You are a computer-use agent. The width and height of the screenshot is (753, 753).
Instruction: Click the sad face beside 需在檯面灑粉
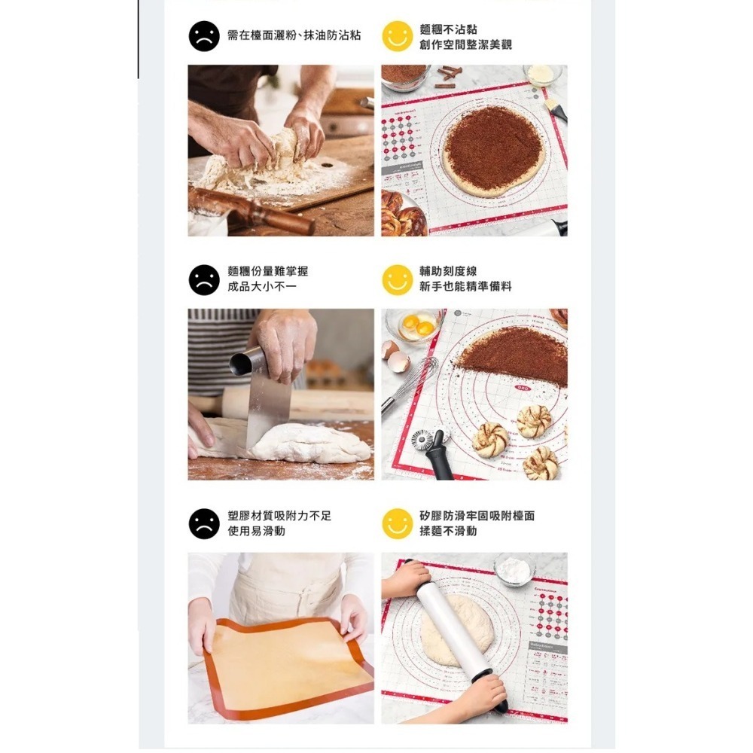point(204,36)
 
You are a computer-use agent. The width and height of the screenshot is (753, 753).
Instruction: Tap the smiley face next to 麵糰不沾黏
point(397,36)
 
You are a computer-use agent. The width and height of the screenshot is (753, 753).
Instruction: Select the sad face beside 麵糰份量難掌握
point(204,279)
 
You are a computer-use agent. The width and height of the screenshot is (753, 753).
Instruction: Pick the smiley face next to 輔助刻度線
point(397,279)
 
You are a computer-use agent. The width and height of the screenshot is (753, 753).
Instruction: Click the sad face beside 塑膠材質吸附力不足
point(204,523)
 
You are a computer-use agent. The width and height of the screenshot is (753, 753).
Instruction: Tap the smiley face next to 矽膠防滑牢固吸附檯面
point(397,523)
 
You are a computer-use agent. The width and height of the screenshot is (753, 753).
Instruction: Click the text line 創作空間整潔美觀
point(465,45)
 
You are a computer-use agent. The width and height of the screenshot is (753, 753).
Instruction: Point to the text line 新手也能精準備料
point(465,287)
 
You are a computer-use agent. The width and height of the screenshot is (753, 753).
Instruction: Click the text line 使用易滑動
point(256,532)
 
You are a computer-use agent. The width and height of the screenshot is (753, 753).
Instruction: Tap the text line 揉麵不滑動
point(448,532)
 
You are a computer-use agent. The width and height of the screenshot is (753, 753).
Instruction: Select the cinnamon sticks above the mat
point(449,76)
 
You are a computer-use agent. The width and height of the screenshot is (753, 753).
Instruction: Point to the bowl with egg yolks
point(414,325)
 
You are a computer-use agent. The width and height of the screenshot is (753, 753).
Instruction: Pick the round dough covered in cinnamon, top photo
point(493,149)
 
